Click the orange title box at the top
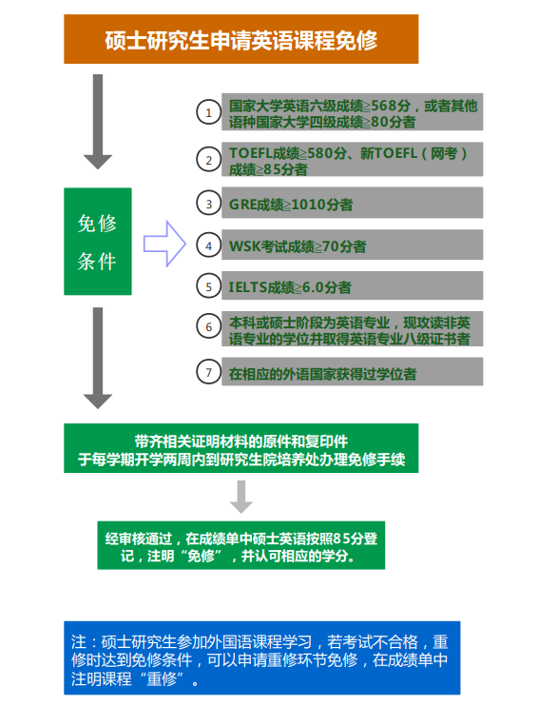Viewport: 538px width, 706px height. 241,39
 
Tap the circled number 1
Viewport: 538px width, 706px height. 209,112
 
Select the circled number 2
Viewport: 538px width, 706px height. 209,160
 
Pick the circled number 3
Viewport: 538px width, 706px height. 209,204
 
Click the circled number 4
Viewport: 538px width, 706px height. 209,245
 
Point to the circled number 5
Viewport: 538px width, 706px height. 209,286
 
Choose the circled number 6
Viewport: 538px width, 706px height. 209,326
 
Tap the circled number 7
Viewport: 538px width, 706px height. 209,372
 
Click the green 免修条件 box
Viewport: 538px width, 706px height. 98,242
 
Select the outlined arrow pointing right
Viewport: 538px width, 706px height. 164,244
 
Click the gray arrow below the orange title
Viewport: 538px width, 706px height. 98,122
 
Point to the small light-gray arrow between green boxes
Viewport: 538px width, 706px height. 241,497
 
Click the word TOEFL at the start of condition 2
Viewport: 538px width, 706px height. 251,153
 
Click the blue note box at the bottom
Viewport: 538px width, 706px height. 261,657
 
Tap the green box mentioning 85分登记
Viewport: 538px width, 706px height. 241,545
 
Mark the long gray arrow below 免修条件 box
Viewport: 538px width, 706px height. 98,359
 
